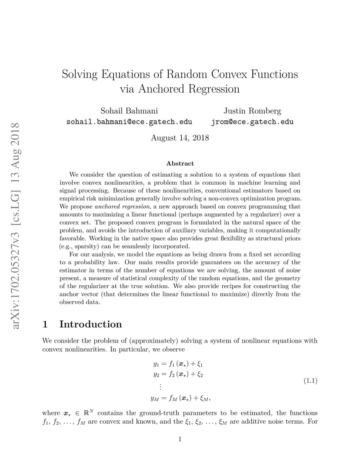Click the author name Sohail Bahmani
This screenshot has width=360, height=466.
pos(129,111)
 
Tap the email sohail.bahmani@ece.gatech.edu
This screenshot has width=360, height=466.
pos(129,122)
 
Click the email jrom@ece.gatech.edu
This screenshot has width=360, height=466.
pos(252,122)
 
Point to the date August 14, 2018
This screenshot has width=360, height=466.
pos(180,138)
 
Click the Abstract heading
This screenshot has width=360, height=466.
pos(180,163)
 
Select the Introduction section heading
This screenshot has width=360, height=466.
pos(90,324)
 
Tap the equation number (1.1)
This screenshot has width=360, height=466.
pos(310,381)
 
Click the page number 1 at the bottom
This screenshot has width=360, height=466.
pos(180,439)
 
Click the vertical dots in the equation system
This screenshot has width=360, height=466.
pos(160,386)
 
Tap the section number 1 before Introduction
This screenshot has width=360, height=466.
pos(45,324)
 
